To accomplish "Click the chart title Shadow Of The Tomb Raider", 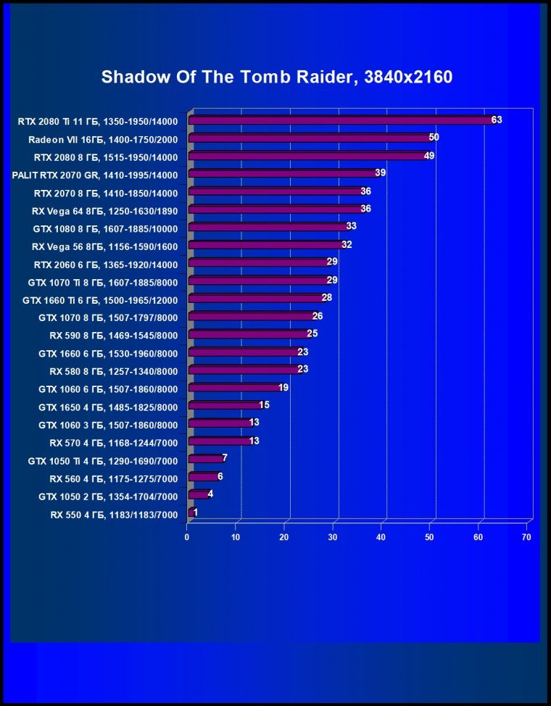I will [x=276, y=78].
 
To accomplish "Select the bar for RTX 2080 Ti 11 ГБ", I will [x=341, y=120].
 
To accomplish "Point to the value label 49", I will [x=428, y=156].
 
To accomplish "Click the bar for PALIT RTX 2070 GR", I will [x=283, y=174].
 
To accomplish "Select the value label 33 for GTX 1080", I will [x=351, y=227].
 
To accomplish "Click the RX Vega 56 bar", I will [x=265, y=245].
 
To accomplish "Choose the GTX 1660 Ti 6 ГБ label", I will [x=100, y=299].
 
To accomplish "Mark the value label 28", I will [x=327, y=298].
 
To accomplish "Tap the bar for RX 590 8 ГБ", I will [x=249, y=334].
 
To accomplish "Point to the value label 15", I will [x=264, y=405].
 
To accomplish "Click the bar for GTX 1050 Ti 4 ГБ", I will [x=205, y=459].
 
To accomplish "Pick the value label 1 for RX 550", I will [x=196, y=512].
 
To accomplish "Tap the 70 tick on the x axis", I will [x=527, y=537].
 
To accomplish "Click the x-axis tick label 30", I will [x=333, y=537].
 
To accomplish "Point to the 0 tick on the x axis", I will [x=187, y=537].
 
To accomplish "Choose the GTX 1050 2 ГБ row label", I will [x=107, y=496].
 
